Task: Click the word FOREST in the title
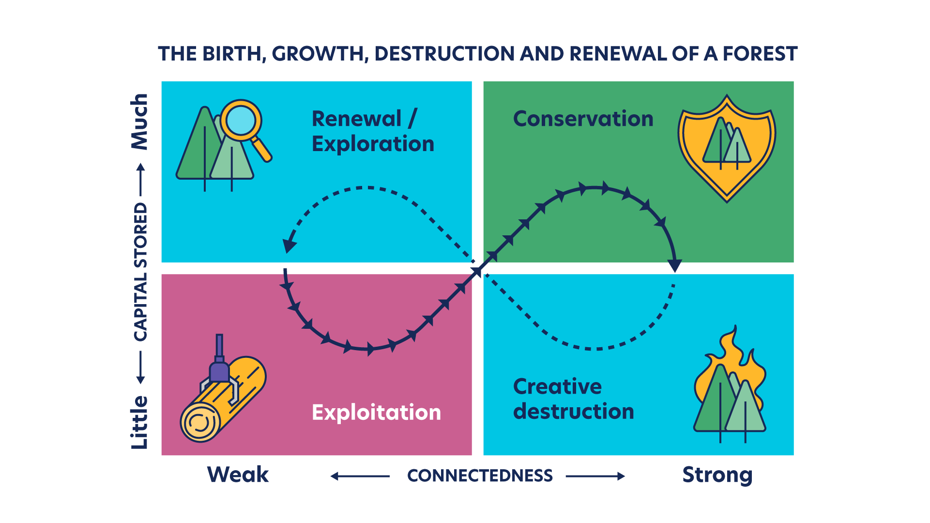760,54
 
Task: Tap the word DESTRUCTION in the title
444,54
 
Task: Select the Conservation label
583,119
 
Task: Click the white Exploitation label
376,413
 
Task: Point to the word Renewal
356,119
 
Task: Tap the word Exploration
373,144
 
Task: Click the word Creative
557,386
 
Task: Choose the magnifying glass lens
241,120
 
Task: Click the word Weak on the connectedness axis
238,475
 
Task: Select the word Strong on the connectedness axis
717,475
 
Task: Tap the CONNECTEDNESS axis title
480,476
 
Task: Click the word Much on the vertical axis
140,122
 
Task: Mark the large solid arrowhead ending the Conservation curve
674,265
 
